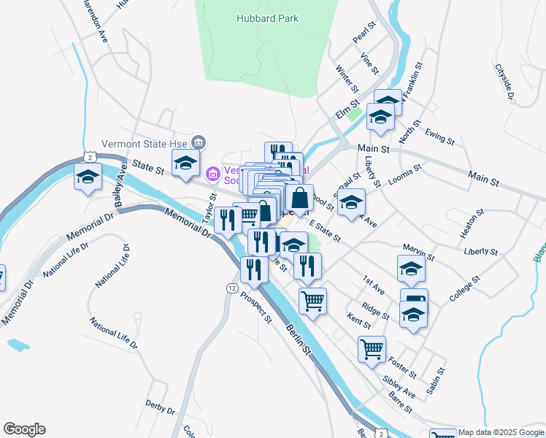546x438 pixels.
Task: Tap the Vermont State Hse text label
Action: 142,144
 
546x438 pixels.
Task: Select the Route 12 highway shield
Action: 231,289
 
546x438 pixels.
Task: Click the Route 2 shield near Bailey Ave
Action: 88,157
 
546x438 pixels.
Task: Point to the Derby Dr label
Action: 161,407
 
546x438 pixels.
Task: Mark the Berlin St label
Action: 299,339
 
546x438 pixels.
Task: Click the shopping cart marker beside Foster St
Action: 372,349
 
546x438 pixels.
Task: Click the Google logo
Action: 24,429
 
